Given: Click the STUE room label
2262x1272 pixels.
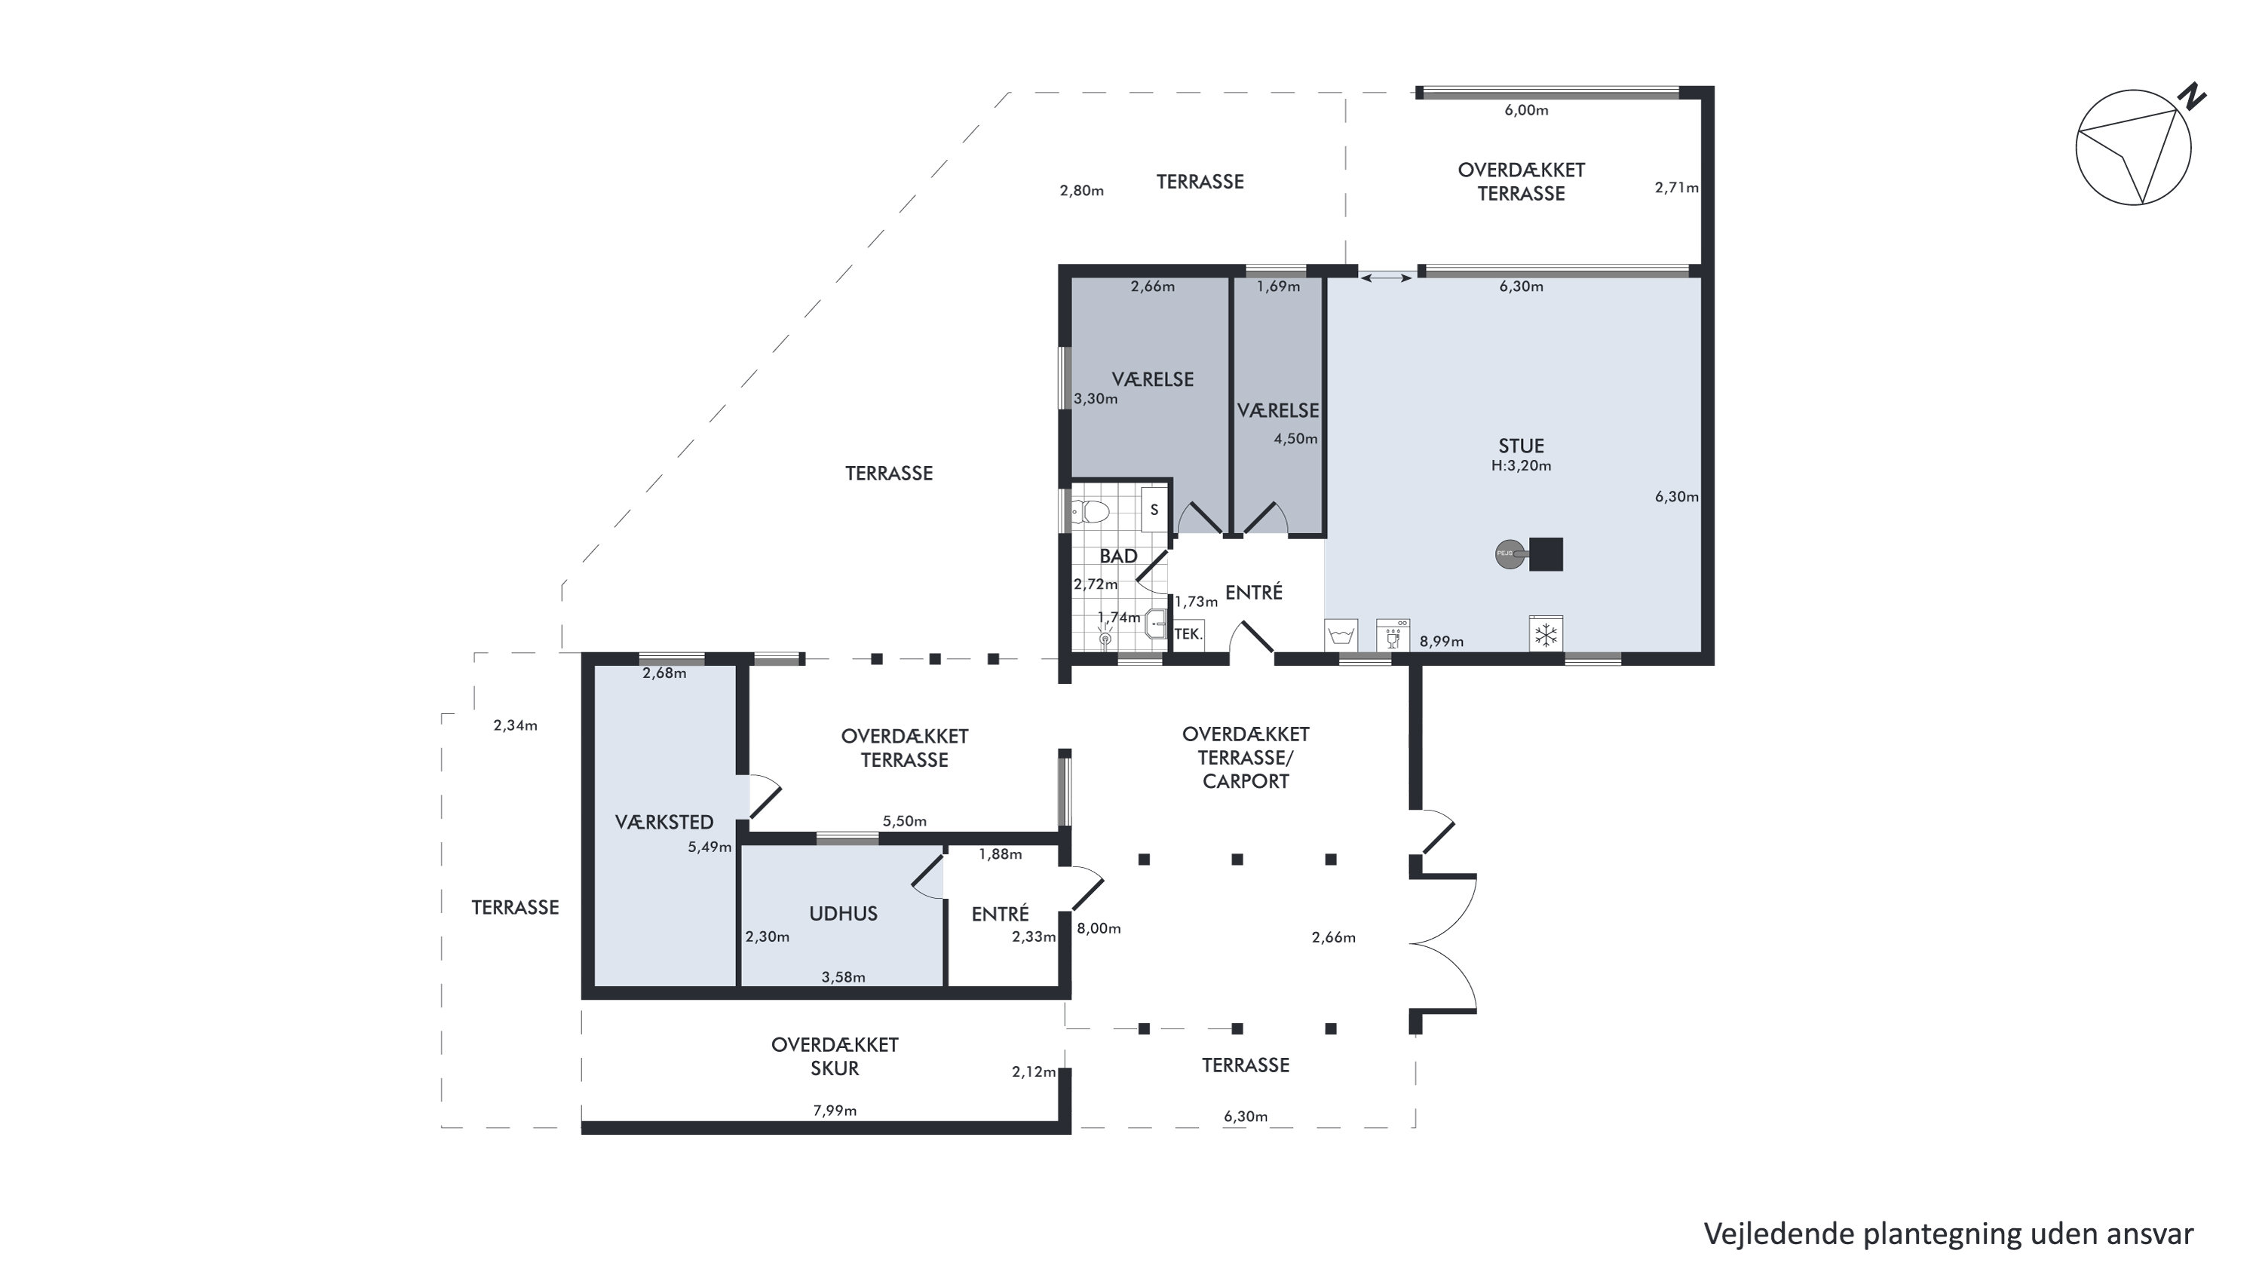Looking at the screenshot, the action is [x=1521, y=446].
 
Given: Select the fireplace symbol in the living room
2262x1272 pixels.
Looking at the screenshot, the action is [x=1529, y=554].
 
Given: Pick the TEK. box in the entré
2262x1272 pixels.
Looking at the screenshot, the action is [x=1188, y=634].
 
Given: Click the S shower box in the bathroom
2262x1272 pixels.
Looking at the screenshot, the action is [x=1154, y=509].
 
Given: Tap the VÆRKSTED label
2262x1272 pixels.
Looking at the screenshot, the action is [x=664, y=823].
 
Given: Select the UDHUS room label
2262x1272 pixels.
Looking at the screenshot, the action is [x=843, y=914].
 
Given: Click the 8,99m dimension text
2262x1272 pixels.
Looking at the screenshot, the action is [x=1442, y=642].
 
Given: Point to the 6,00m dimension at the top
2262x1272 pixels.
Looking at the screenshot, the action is [x=1526, y=111].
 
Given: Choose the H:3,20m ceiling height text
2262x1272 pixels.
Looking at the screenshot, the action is [x=1521, y=466].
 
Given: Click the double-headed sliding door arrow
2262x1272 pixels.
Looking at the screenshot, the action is [x=1387, y=278].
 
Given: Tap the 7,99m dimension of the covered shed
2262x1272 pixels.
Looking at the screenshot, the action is [x=834, y=1111].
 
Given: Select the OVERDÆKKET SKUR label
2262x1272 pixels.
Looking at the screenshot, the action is [x=834, y=1056].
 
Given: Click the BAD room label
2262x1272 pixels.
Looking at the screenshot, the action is [x=1118, y=556].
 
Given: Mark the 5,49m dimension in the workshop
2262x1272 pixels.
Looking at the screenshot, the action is [x=710, y=847].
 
